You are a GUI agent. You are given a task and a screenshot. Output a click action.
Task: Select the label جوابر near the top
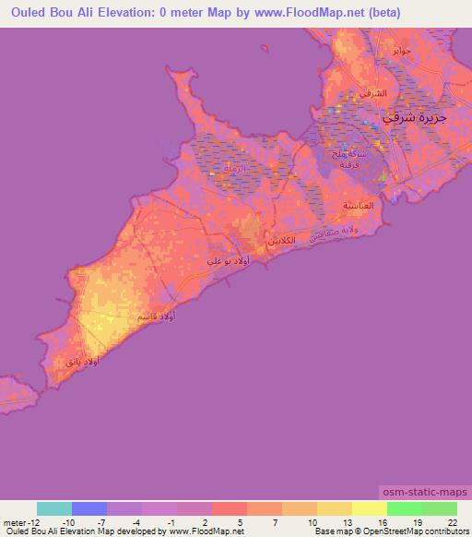[x=401, y=50]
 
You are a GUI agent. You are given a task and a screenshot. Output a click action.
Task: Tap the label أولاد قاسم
[x=156, y=316]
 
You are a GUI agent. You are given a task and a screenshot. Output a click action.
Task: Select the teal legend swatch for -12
[x=53, y=508]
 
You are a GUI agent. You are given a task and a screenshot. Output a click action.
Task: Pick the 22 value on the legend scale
[x=452, y=521]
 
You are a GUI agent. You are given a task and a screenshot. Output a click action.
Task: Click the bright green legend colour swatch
[x=404, y=508]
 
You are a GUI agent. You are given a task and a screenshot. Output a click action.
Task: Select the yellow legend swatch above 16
[x=369, y=508]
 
